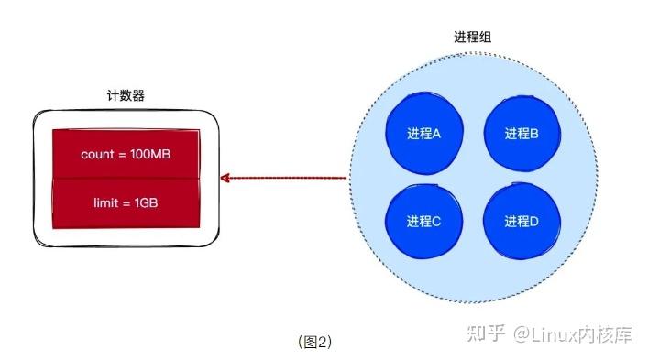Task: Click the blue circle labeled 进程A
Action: point(424,133)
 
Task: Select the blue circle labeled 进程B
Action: point(521,133)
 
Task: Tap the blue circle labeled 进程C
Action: point(424,221)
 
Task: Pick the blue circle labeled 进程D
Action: point(521,221)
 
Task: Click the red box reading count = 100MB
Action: point(126,154)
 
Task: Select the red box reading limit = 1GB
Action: point(126,202)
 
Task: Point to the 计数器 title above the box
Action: point(126,95)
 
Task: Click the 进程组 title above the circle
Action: point(472,38)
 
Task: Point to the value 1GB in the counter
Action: point(147,202)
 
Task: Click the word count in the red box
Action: point(96,155)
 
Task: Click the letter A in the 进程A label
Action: point(437,134)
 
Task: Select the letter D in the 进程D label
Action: point(533,222)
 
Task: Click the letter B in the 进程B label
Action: point(533,134)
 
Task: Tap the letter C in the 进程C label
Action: point(437,222)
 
